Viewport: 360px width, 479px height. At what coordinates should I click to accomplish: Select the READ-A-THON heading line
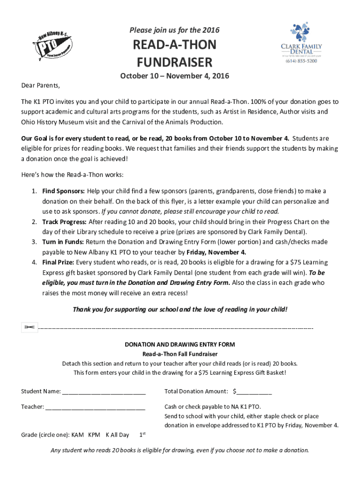pos(175,45)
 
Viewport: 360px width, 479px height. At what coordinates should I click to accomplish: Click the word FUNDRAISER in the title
pos(174,62)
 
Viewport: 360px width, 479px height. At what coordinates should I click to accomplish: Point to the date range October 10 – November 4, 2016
pos(175,76)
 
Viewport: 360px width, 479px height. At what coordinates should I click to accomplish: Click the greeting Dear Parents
pos(41,86)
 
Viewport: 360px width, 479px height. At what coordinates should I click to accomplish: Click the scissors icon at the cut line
pos(29,328)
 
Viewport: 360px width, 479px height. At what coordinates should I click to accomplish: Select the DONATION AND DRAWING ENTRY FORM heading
pos(180,344)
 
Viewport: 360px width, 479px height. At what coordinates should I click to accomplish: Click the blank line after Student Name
pos(104,392)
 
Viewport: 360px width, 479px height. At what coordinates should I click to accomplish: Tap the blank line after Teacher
pos(95,407)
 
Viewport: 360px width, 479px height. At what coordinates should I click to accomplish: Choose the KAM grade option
pos(77,435)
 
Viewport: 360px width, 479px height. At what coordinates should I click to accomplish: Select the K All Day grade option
pos(117,435)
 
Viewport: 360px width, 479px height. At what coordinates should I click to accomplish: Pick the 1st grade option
pos(143,435)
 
